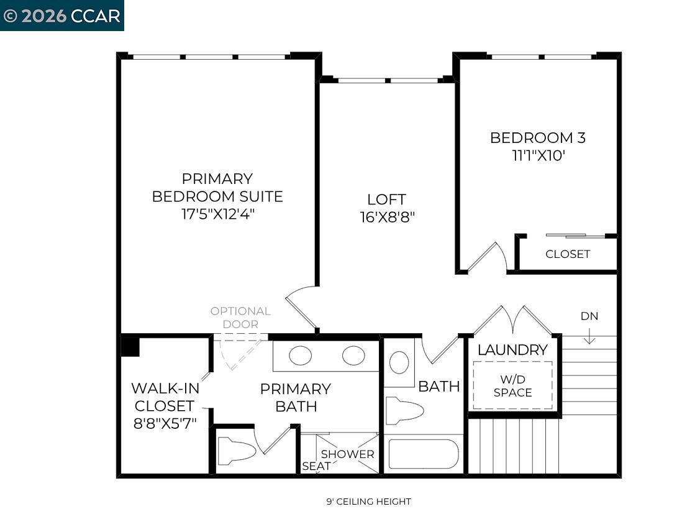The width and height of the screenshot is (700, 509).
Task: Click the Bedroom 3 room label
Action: coord(537,138)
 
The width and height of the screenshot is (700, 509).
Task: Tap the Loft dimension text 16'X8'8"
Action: coord(387,218)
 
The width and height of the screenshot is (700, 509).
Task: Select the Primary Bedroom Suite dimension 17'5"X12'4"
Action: coord(217,214)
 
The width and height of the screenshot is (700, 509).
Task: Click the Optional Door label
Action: coord(240,317)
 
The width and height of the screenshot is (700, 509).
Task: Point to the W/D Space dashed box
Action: coord(512,385)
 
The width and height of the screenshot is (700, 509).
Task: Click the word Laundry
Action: coord(512,350)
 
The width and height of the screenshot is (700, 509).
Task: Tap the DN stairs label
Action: coord(589,316)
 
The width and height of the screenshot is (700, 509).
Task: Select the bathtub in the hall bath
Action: coord(424,454)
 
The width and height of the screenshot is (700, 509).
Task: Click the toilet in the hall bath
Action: coord(404,411)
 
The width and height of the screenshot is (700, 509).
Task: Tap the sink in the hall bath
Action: coord(399,362)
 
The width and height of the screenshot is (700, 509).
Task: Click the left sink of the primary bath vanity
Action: coord(301,355)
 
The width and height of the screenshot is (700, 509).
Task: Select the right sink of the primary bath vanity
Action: coord(353,355)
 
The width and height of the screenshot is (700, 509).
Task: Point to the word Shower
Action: coord(347,454)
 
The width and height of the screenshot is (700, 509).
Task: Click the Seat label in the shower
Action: coord(316,466)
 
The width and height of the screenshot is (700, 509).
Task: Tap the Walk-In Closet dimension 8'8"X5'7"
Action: coord(165,424)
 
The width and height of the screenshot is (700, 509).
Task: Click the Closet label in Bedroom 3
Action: coord(568,254)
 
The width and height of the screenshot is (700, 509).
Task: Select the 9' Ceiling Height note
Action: coord(368,502)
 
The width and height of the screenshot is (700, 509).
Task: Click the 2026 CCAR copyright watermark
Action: coord(62,16)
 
